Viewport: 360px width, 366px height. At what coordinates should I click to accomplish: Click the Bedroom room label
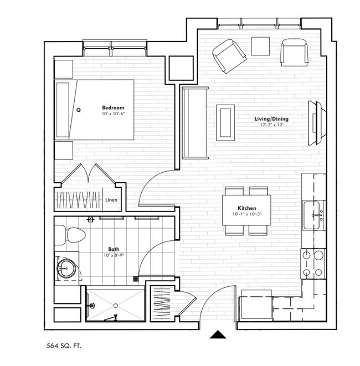point(113,107)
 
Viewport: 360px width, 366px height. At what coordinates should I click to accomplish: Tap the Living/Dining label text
point(271,119)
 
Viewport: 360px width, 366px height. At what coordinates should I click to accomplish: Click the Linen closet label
point(111,201)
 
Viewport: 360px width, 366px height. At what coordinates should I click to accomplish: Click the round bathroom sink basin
point(65,270)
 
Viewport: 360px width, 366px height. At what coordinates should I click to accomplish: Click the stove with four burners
point(313,264)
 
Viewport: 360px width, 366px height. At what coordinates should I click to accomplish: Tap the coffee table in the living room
point(225,122)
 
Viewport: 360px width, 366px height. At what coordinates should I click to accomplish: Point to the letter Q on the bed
point(79,110)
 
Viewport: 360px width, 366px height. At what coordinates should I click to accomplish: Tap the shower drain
point(115,305)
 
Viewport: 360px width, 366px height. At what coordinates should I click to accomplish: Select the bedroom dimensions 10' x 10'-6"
point(114,114)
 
